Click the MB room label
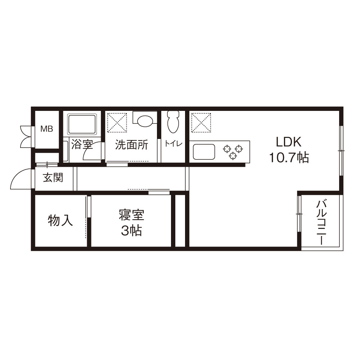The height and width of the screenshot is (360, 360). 46,129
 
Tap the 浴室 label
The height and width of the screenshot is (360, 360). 82,144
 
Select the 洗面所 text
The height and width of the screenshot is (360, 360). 131,145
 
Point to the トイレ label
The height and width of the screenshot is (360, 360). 174,144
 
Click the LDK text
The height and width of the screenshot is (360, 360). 288,142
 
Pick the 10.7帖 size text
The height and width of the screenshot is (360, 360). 289,158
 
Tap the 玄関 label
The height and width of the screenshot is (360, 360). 53,177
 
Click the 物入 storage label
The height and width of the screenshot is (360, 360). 60,220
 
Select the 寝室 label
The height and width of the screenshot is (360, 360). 131,215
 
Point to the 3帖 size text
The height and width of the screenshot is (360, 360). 131,231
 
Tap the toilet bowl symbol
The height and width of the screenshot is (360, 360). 173,122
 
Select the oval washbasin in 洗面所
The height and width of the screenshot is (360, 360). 145,121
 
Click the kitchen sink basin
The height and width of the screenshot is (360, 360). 204,152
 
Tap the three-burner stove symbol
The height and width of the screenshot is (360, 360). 233,152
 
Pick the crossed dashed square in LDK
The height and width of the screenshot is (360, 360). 201,123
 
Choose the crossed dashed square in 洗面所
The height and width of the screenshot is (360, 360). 117,123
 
